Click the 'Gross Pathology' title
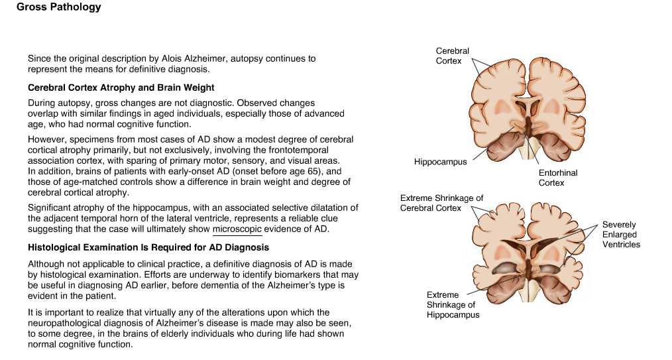[59, 7]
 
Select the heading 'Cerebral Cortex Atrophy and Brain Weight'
[121, 88]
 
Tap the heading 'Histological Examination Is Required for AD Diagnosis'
[148, 247]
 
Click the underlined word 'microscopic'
[237, 229]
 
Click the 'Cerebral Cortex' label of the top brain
[452, 56]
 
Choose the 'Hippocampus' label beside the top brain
[440, 162]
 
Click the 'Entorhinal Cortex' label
[558, 178]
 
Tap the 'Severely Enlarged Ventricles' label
[621, 235]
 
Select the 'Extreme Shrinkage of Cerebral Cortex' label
[441, 203]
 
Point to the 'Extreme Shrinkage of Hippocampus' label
[453, 305]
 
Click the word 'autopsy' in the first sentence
[247, 59]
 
